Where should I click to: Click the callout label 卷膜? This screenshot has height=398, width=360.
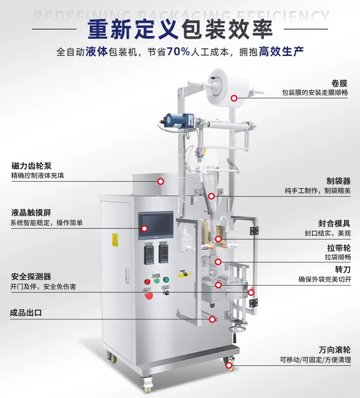(339, 83)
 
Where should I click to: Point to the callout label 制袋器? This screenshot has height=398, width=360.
(338, 181)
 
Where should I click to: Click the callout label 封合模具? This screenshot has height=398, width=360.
(334, 223)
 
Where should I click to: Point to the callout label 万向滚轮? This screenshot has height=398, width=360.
(334, 350)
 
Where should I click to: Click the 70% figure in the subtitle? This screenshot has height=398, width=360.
(178, 51)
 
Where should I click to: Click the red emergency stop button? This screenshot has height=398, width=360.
(149, 296)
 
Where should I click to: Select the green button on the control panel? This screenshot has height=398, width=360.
(166, 280)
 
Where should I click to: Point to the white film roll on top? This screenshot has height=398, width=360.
(228, 89)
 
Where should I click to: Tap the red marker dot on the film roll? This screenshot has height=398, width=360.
(234, 98)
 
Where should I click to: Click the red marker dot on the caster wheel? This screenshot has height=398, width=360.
(229, 365)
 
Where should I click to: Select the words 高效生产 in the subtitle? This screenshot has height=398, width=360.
(281, 51)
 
